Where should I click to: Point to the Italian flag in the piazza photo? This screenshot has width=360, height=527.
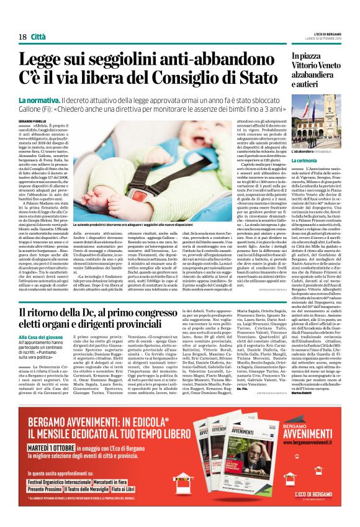coord(308,106)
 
